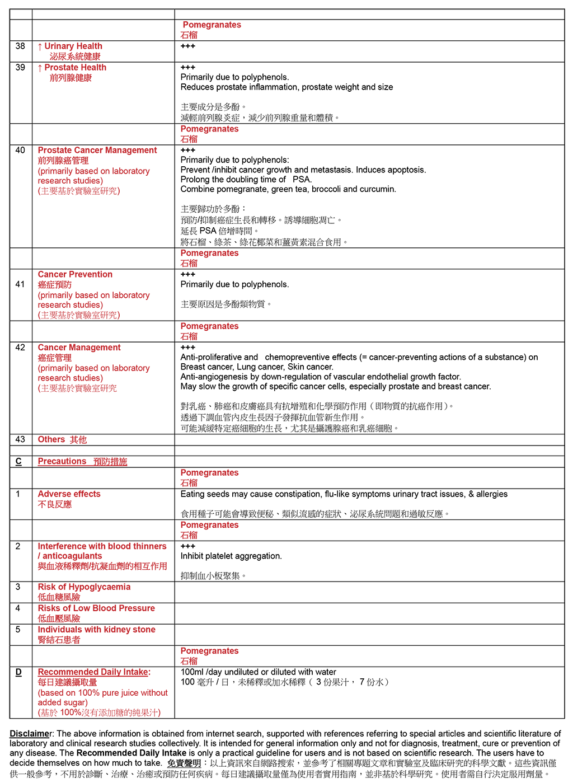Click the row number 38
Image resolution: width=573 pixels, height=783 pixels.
(x=20, y=46)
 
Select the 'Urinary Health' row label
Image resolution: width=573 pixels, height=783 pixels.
(x=73, y=46)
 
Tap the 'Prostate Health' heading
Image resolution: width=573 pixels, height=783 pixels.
(x=75, y=68)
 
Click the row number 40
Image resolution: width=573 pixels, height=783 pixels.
(x=20, y=151)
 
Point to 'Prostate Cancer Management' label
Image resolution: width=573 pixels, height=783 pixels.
(x=97, y=151)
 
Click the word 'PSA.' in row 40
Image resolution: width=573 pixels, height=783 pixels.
(x=302, y=180)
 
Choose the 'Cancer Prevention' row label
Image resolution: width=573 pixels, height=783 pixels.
(x=75, y=275)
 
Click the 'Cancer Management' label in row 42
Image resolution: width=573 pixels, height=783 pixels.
(x=79, y=348)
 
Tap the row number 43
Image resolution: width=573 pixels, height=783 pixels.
(x=20, y=440)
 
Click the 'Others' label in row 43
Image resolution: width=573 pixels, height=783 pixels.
(x=51, y=440)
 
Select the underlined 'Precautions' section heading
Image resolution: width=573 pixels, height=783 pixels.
(x=62, y=462)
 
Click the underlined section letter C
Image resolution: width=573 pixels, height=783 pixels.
(x=18, y=462)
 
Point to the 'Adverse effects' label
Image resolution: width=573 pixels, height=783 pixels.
(x=69, y=494)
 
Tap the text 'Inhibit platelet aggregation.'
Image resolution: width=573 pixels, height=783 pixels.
(x=231, y=556)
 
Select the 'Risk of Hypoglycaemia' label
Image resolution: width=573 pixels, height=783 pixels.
(x=84, y=587)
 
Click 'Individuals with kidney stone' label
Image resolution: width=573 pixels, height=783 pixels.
(x=96, y=630)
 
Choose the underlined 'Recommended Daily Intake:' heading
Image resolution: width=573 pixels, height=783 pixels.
(x=94, y=672)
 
